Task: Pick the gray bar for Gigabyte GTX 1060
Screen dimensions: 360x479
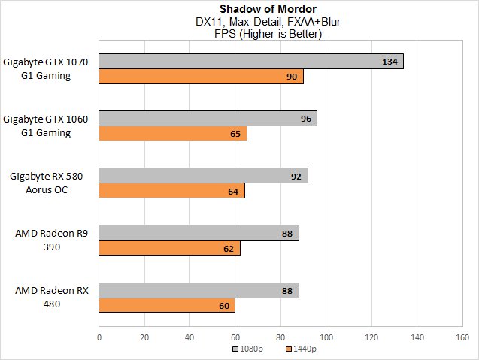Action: (208, 119)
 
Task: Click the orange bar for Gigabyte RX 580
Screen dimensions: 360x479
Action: (171, 191)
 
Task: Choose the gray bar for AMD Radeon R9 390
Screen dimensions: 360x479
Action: (199, 233)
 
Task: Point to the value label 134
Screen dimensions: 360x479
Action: (390, 62)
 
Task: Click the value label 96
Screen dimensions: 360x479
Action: (306, 119)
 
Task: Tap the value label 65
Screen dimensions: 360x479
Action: (235, 134)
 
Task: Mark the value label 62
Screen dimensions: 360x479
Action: (229, 248)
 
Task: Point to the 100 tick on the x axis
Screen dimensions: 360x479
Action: (326, 337)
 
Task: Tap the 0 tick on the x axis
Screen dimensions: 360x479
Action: (99, 337)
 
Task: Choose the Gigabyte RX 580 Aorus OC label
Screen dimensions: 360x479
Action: (47, 183)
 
